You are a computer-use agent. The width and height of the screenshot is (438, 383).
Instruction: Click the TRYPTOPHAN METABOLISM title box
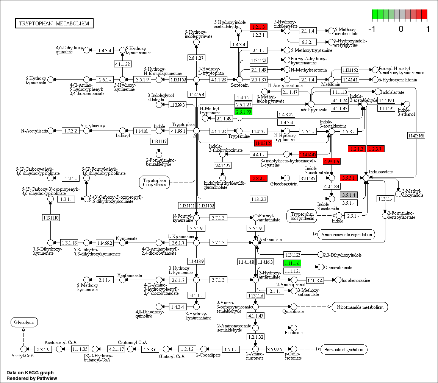(x=54, y=23)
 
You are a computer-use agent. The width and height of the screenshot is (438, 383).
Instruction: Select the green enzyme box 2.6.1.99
(x=243, y=112)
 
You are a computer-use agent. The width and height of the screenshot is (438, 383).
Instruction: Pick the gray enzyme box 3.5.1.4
(x=348, y=195)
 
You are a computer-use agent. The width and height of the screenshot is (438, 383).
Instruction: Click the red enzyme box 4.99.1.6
(x=332, y=162)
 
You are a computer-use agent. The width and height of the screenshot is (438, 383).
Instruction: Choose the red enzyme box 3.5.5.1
(x=349, y=177)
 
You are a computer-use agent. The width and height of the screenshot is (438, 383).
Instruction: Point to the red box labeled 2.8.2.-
(x=259, y=177)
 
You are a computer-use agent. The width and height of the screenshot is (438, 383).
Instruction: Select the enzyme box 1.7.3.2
(x=70, y=131)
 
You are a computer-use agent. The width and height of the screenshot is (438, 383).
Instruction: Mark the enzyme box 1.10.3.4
(x=315, y=280)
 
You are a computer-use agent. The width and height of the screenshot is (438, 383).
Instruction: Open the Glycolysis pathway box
(x=24, y=323)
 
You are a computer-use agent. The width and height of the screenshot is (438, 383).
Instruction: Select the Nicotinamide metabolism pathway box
(x=360, y=307)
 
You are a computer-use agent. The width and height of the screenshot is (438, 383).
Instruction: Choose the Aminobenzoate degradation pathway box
(x=346, y=235)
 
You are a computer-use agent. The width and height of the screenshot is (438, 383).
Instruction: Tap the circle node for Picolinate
(x=293, y=328)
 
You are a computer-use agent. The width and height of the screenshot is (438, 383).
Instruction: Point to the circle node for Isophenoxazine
(x=338, y=280)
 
